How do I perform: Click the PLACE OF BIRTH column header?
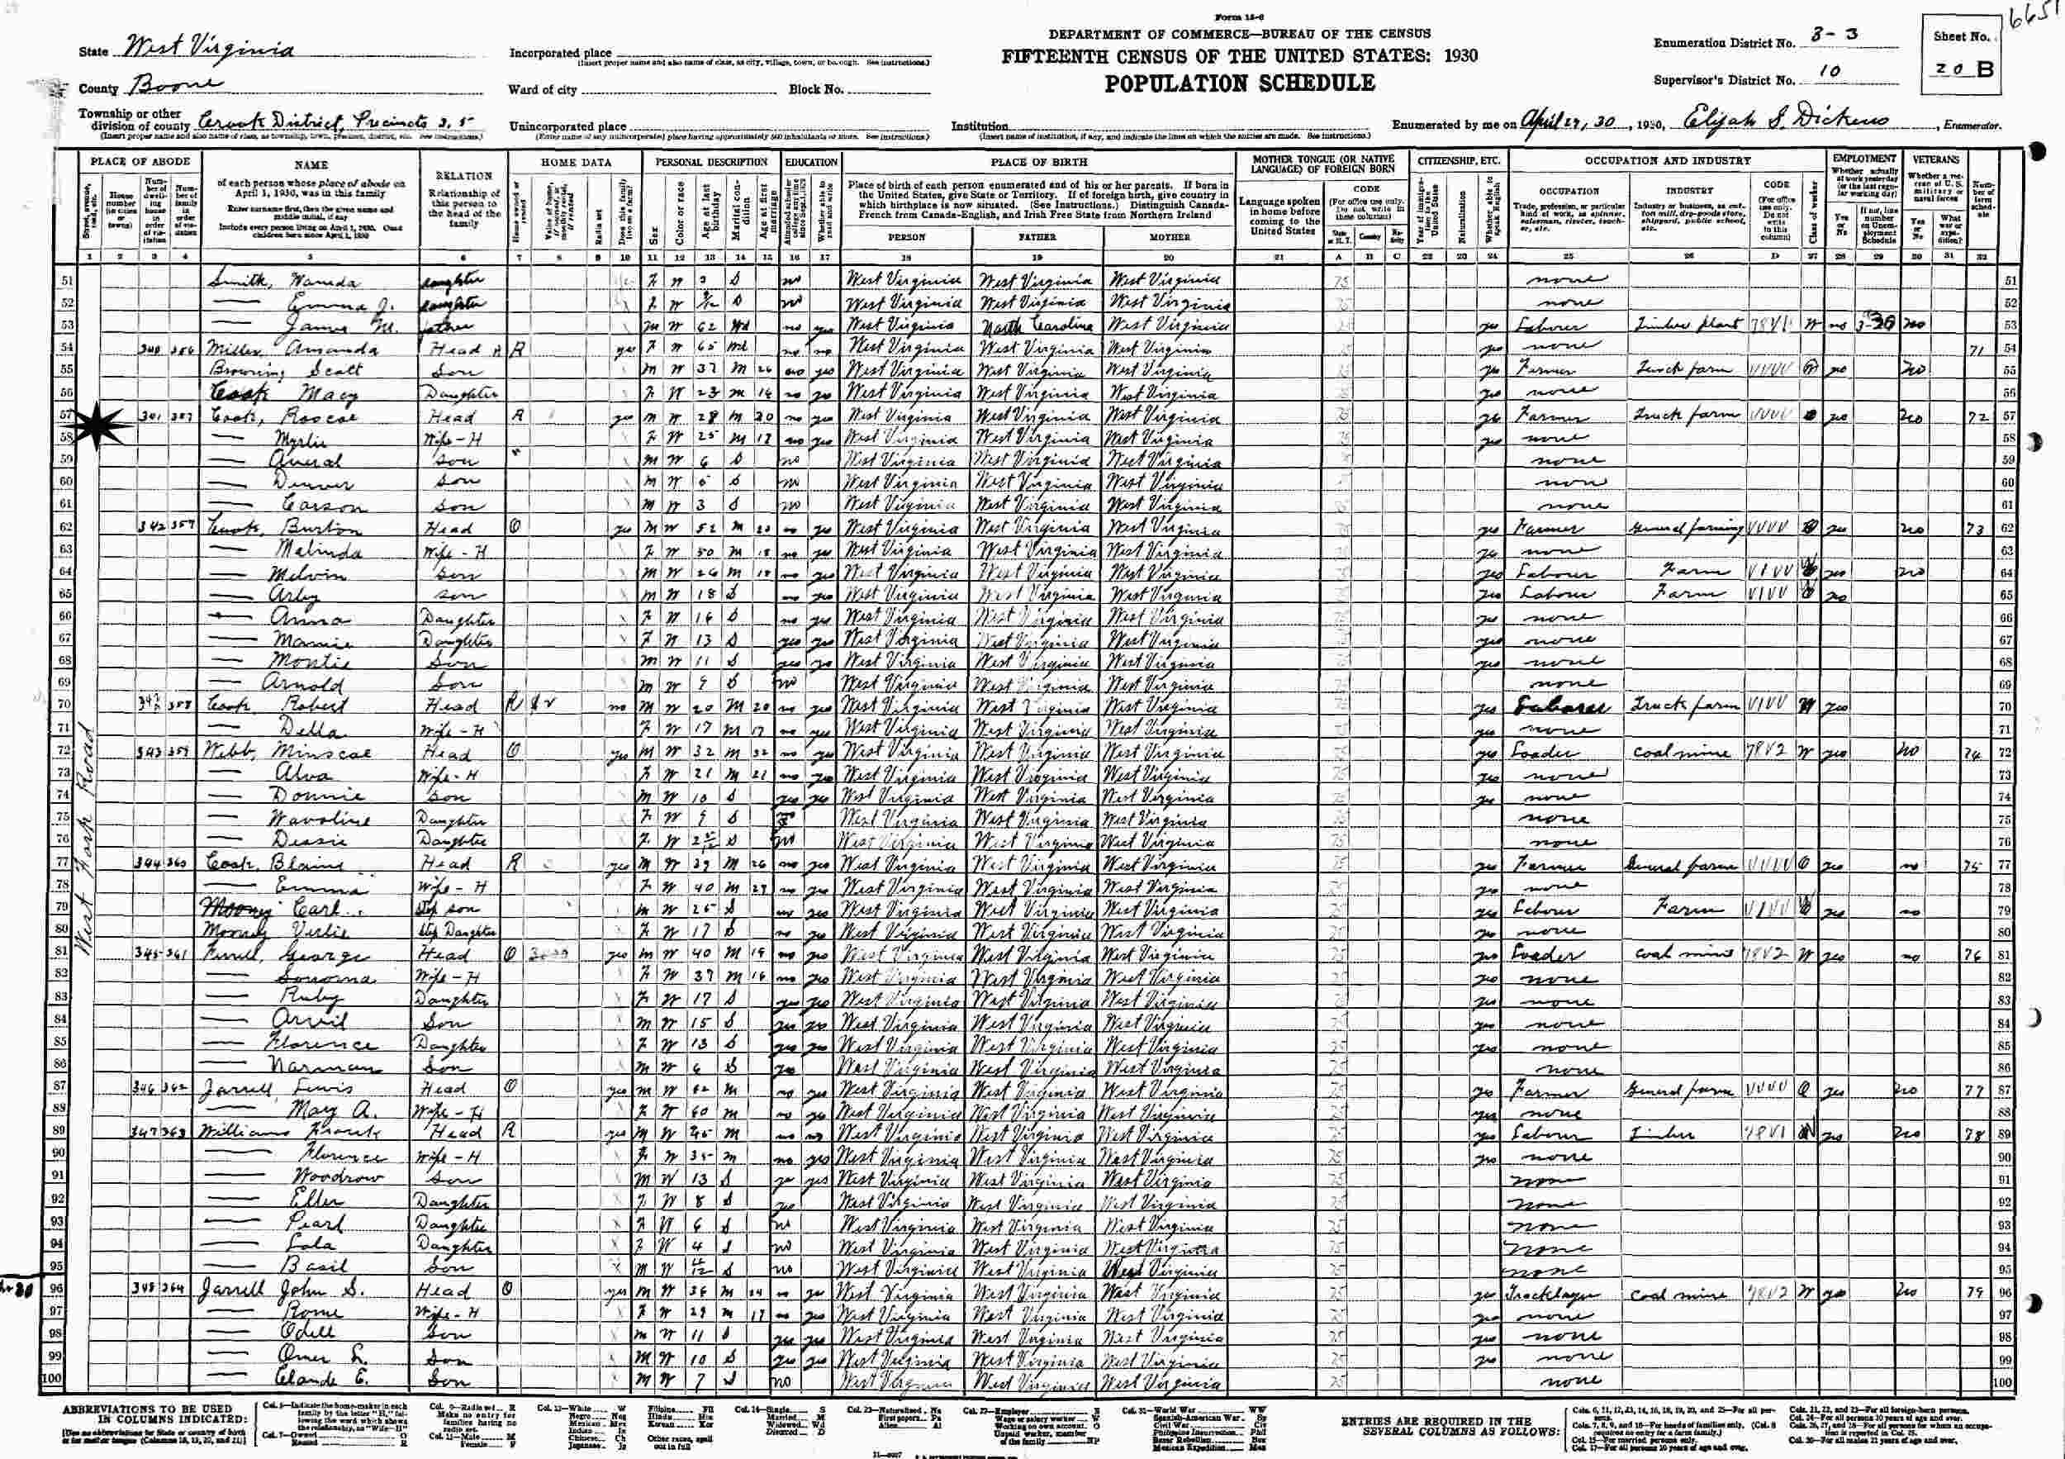coord(1039,163)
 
